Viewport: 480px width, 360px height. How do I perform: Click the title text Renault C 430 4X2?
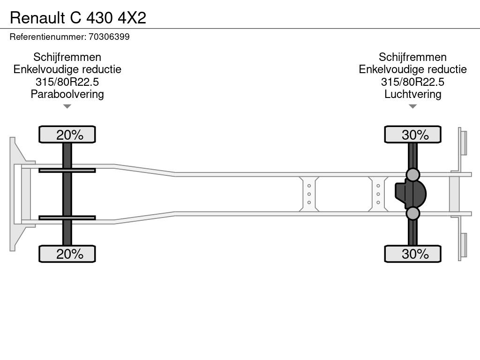point(78,17)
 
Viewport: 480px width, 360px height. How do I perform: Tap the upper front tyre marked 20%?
point(67,135)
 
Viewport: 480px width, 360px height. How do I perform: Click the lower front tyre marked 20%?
point(67,254)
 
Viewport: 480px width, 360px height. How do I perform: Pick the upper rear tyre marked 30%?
point(412,135)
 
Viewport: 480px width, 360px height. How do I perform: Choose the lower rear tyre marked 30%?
point(412,254)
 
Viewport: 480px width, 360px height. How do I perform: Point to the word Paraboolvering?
point(67,94)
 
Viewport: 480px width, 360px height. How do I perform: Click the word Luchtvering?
point(412,94)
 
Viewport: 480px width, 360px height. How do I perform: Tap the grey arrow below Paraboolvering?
point(67,106)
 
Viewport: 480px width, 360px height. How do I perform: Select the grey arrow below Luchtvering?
point(412,106)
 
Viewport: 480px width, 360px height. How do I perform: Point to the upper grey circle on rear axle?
point(412,174)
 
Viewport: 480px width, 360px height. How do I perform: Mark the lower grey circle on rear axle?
point(412,214)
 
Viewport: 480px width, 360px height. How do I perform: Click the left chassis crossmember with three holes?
point(309,194)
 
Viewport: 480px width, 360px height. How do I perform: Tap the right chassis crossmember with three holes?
point(378,194)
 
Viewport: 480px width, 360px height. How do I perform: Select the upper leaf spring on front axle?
point(67,170)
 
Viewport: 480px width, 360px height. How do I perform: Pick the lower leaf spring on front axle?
point(67,217)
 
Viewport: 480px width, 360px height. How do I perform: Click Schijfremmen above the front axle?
point(67,57)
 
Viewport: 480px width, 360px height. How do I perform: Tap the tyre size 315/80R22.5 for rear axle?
point(412,82)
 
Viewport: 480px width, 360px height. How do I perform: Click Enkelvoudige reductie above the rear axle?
point(412,69)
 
